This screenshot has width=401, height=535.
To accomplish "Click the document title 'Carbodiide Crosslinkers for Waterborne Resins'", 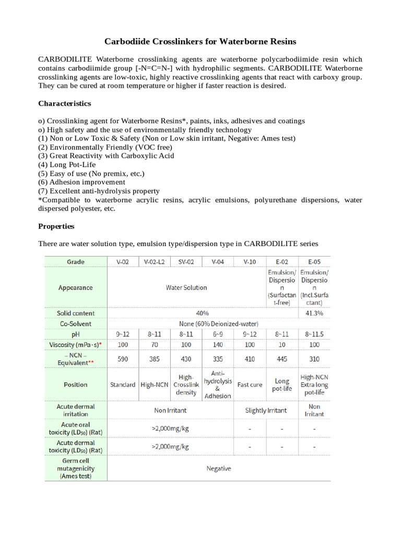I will click(x=200, y=41).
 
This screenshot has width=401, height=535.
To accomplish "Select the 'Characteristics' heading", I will click(x=65, y=103).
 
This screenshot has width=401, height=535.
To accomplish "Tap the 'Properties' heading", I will click(x=56, y=226).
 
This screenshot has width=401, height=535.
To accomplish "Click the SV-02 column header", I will click(x=186, y=261).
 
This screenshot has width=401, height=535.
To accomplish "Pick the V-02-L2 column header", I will click(x=154, y=261).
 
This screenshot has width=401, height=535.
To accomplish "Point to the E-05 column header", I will click(x=314, y=261).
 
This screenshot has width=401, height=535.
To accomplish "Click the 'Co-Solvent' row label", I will click(x=76, y=324).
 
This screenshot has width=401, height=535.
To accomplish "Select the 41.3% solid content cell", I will click(x=314, y=313).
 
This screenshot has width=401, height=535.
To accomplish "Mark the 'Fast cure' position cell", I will click(x=250, y=385).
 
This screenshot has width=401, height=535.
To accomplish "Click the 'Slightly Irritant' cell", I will click(x=266, y=410).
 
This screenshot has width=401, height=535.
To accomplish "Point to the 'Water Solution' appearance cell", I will click(x=186, y=287).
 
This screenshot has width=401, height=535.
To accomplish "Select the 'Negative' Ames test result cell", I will click(x=218, y=468).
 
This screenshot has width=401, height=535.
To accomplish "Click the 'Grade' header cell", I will click(x=76, y=261).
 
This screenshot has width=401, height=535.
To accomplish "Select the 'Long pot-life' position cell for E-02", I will click(x=282, y=385).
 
